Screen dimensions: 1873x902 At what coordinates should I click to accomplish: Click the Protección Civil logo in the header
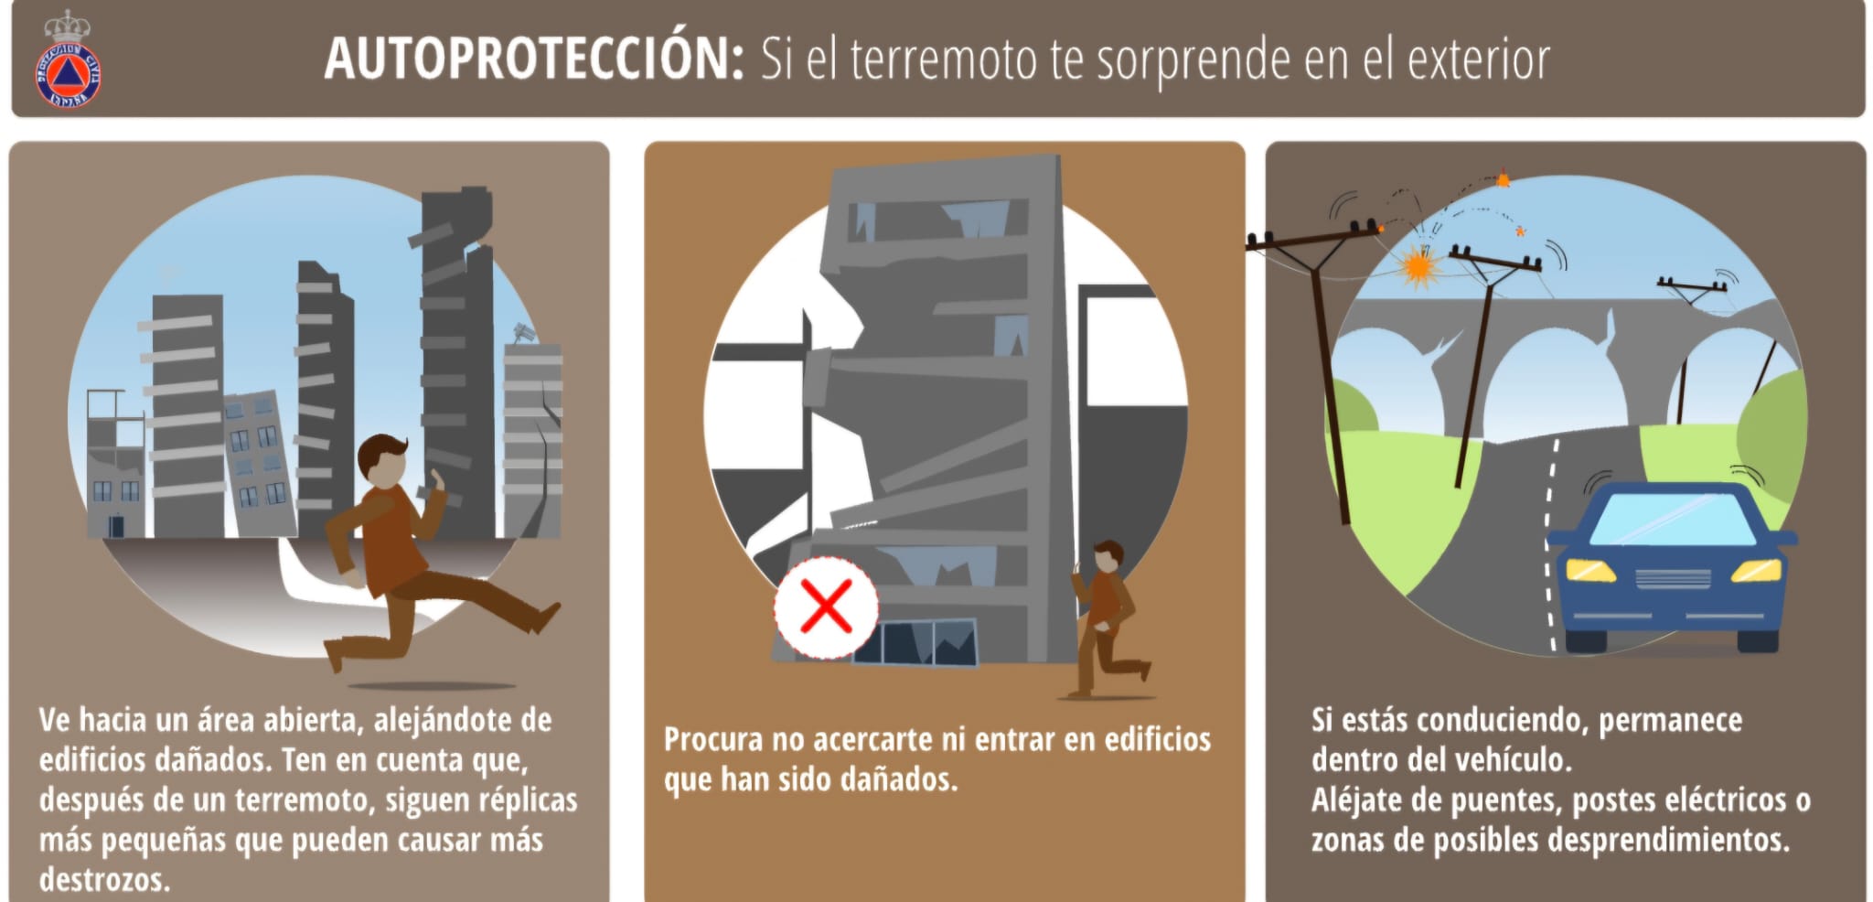coord(68,60)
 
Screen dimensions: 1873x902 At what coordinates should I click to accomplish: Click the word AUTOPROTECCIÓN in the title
coord(534,59)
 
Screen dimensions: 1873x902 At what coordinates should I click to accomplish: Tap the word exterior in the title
coord(1478,60)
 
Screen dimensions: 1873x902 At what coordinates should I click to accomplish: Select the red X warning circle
coord(826,607)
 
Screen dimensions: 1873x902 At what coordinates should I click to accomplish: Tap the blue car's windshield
coord(1673,518)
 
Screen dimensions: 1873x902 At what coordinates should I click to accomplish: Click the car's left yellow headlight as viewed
coord(1590,571)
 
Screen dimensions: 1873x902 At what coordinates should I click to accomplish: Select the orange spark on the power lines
coord(1418,265)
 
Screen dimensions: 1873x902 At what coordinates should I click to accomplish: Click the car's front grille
coord(1673,578)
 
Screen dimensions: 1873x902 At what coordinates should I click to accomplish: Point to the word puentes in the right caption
coord(1503,801)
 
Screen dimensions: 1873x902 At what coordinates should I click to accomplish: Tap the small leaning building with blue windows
coord(261,463)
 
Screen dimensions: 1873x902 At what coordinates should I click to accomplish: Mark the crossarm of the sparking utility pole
coord(1313,240)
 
